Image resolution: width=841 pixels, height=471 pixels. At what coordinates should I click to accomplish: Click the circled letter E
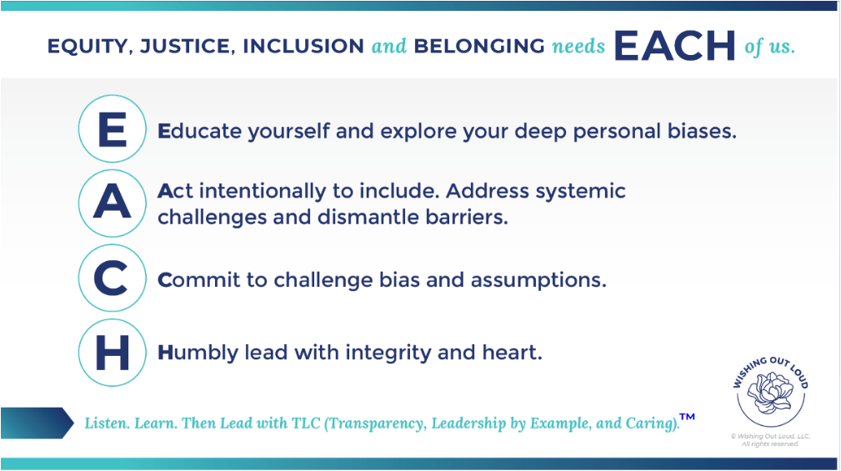coord(112,128)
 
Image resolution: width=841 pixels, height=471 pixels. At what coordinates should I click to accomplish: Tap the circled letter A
coord(112,203)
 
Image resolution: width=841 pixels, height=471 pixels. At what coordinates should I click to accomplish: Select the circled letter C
coord(112,278)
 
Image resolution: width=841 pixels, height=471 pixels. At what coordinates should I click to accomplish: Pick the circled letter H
coord(112,353)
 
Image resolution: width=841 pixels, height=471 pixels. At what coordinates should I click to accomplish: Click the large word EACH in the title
coord(674,46)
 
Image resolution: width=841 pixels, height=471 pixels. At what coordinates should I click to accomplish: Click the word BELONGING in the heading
coord(479,46)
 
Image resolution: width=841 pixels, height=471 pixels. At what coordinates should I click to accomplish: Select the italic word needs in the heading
coord(578,47)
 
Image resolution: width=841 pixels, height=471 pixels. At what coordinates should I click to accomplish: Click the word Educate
coord(199,131)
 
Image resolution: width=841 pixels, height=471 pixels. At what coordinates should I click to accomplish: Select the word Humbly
coord(198,353)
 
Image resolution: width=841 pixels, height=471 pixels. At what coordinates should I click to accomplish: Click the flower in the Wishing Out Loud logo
coord(770,393)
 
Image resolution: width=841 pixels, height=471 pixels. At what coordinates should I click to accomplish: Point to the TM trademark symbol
coord(687,417)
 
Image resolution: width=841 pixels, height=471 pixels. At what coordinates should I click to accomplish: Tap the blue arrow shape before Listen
coord(37,423)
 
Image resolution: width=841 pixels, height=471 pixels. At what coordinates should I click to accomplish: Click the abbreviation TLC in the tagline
coord(306,423)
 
